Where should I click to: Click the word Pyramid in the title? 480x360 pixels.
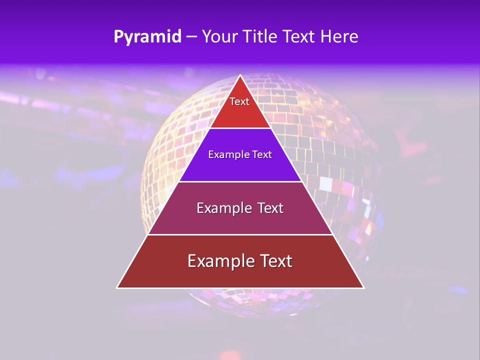click(147, 37)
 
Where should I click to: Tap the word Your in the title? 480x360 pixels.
click(219, 37)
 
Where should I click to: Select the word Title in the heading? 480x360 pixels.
click(261, 37)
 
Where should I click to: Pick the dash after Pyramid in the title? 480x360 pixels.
click(191, 37)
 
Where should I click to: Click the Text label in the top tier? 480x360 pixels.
click(239, 101)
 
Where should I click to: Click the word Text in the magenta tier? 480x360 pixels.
click(270, 208)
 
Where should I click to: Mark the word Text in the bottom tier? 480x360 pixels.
click(276, 261)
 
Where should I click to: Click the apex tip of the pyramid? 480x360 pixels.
click(240, 75)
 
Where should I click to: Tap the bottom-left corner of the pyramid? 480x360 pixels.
click(117, 288)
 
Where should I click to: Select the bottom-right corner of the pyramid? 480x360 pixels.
click(363, 288)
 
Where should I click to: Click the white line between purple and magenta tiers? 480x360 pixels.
click(240, 181)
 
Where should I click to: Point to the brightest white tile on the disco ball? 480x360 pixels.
click(325, 184)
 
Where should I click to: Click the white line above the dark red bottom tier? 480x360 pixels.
click(240, 234)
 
